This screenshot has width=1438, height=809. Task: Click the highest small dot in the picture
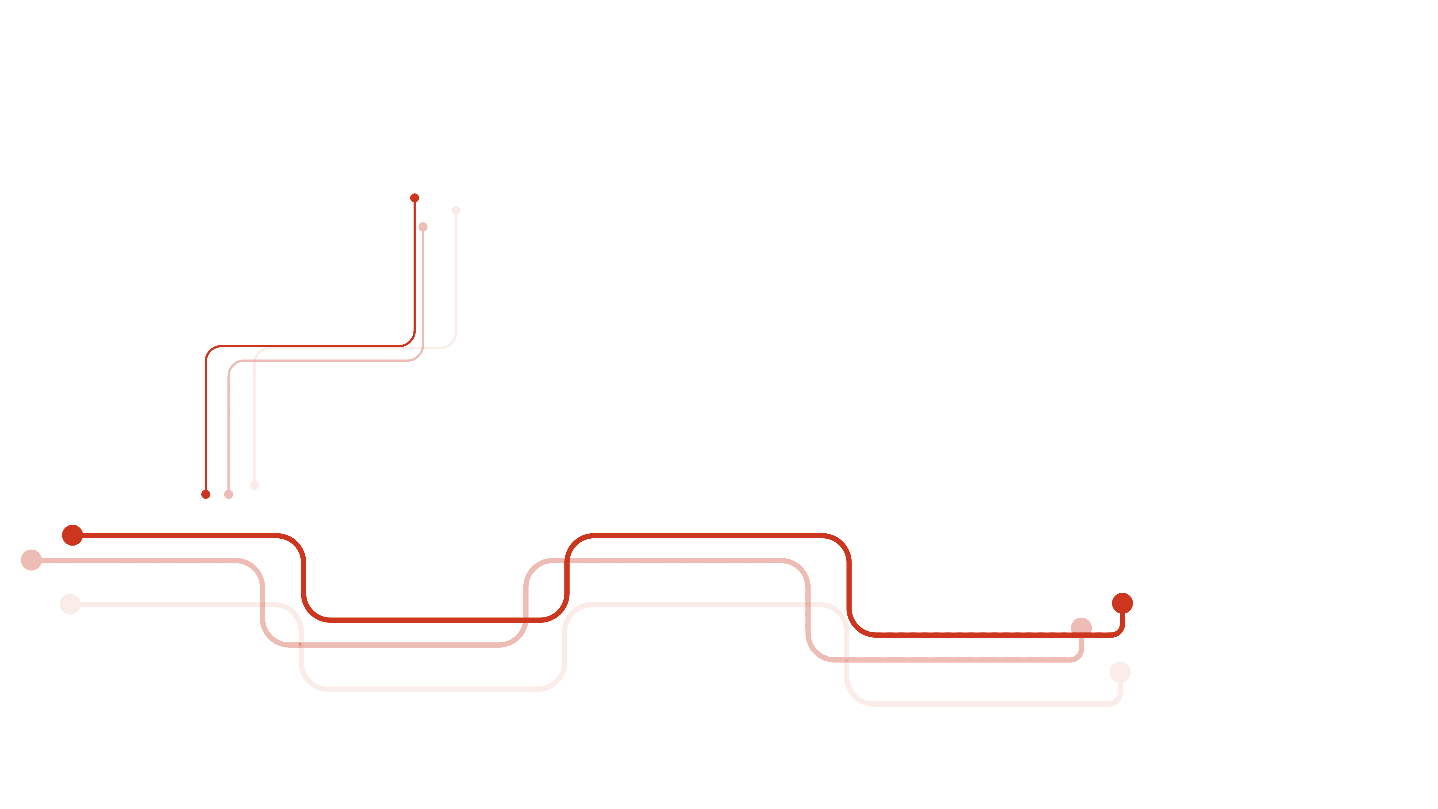tap(415, 198)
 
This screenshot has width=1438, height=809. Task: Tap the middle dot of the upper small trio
tap(423, 227)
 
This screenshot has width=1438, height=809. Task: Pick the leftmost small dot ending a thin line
tap(206, 495)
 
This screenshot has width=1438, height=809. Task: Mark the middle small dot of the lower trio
tap(229, 495)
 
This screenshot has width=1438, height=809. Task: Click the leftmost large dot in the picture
tap(31, 560)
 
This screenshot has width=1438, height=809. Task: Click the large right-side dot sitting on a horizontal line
tap(1081, 628)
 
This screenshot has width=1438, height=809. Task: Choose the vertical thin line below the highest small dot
tap(415, 268)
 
